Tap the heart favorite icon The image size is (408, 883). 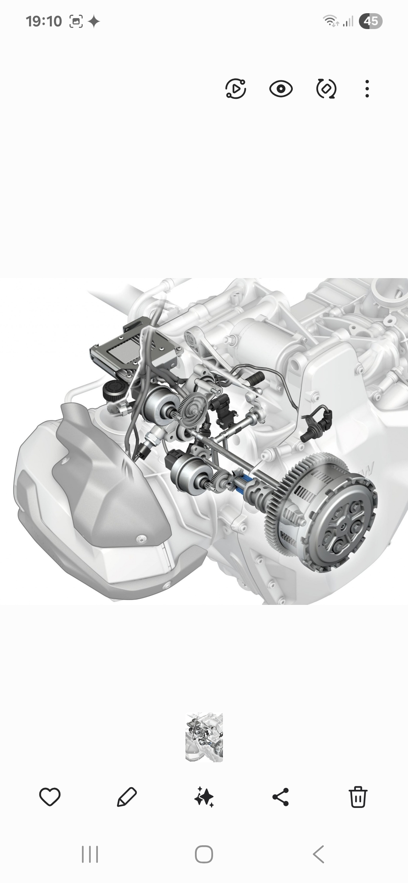pyautogui.click(x=50, y=797)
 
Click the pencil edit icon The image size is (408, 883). pyautogui.click(x=127, y=797)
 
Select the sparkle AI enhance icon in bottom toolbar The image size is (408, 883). pyautogui.click(x=204, y=797)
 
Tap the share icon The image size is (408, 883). pyautogui.click(x=281, y=797)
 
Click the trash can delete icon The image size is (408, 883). pyautogui.click(x=358, y=797)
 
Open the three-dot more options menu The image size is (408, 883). pyautogui.click(x=367, y=89)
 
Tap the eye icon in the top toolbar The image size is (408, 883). pyautogui.click(x=281, y=89)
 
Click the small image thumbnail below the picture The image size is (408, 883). pyautogui.click(x=204, y=737)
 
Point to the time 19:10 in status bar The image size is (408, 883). pyautogui.click(x=44, y=22)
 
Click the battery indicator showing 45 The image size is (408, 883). pyautogui.click(x=371, y=21)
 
